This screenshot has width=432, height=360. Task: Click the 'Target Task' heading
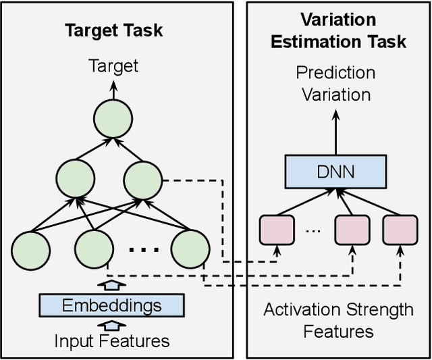[x=113, y=30]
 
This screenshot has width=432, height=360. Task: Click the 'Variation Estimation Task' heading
[x=338, y=30]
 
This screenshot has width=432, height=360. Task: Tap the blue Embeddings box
[x=112, y=305]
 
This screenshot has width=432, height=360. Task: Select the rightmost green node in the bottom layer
[x=189, y=249]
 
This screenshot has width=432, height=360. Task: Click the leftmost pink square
[x=277, y=230]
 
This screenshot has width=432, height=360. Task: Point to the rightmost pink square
[x=399, y=230]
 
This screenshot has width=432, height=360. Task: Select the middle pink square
[x=352, y=230]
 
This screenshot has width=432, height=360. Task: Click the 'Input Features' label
[x=112, y=341]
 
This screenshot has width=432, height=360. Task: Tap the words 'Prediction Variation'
[x=336, y=83]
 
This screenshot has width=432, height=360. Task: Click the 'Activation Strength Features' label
[x=338, y=320]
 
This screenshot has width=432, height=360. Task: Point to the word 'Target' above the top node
[x=113, y=66]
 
